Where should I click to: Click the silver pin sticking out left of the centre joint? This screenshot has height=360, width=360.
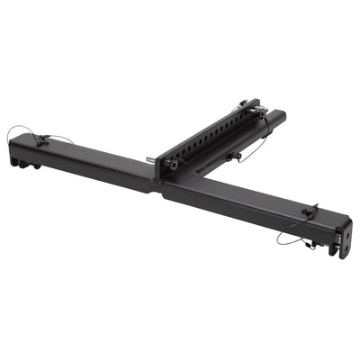point(149,163)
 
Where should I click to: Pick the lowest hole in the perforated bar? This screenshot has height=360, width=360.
point(181,154)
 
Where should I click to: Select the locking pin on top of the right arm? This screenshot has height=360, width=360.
point(309,212)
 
